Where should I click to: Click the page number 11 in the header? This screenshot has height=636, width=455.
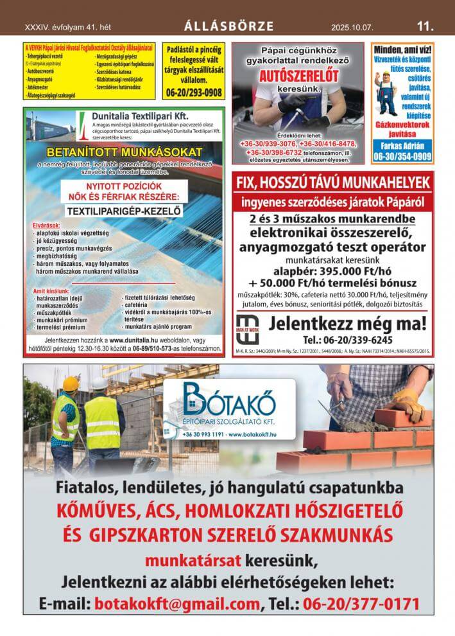click(425, 26)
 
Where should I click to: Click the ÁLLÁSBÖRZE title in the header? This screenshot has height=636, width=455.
click(228, 26)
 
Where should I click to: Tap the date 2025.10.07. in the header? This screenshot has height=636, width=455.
click(352, 27)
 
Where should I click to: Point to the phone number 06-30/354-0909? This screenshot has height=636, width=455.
click(402, 156)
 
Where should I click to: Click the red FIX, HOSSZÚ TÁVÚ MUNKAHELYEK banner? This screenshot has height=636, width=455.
click(333, 182)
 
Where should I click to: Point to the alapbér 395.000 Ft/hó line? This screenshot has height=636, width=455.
click(333, 270)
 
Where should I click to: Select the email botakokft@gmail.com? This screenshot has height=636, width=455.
click(177, 604)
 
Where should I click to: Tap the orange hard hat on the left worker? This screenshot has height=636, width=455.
click(71, 384)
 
